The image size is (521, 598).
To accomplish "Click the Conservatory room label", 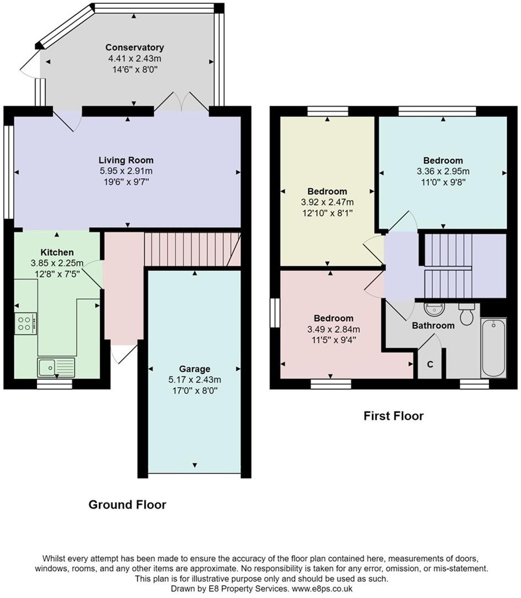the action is click(135, 47).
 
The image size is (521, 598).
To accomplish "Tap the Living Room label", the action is click(126, 160).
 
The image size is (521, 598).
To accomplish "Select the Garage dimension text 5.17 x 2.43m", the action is click(195, 380).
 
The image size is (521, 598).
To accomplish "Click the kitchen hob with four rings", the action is click(25, 324).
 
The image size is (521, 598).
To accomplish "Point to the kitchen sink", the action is click(56, 367).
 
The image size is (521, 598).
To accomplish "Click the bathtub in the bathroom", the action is click(493, 348).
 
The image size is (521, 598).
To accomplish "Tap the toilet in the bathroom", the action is click(467, 314).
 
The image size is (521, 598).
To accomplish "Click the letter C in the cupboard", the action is click(430, 364).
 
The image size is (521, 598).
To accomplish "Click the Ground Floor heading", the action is click(128, 504).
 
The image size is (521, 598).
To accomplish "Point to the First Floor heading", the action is click(393, 416).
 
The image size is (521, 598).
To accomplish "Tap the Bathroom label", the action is click(434, 326).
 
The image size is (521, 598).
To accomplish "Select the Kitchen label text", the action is click(57, 253).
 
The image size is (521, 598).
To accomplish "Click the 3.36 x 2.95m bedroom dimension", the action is click(443, 171).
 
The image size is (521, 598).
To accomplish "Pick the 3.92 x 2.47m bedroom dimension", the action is click(327, 202).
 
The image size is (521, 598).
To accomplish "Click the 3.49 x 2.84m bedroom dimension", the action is click(333, 329).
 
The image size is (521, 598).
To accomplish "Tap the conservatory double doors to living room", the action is click(182, 101).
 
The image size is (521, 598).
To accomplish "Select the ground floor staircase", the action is click(192, 249).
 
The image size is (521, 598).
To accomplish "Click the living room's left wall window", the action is click(9, 172).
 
